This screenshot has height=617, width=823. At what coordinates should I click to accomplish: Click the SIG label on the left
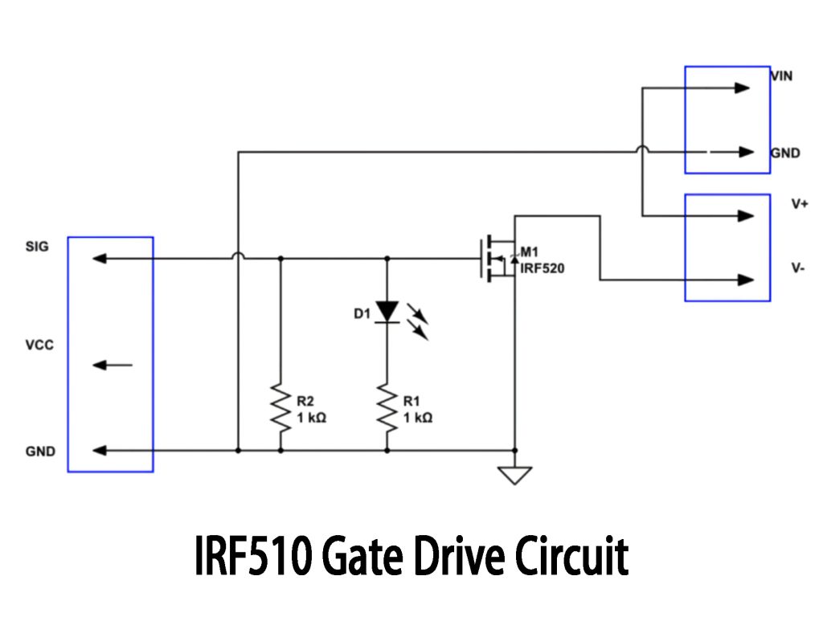tap(37, 247)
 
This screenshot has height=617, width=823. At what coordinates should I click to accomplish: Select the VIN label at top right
tap(782, 76)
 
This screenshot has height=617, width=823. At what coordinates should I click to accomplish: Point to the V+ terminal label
tap(799, 204)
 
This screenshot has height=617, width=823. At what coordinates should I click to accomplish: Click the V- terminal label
tap(798, 268)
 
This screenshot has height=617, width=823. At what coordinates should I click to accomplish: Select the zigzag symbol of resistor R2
tap(280, 407)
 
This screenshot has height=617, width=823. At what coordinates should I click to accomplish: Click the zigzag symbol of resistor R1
tap(387, 407)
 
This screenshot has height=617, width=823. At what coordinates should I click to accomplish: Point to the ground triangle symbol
tap(515, 476)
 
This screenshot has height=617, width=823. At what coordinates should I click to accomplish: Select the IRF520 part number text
tap(543, 268)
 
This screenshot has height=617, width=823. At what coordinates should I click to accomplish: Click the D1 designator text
tap(362, 313)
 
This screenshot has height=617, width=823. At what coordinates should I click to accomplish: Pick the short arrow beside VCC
tap(112, 366)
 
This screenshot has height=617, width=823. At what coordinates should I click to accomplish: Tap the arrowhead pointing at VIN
tap(743, 88)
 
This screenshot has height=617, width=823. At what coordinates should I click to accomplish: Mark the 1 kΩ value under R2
tap(312, 418)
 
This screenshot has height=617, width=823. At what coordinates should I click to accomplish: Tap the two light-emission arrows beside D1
tap(418, 320)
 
